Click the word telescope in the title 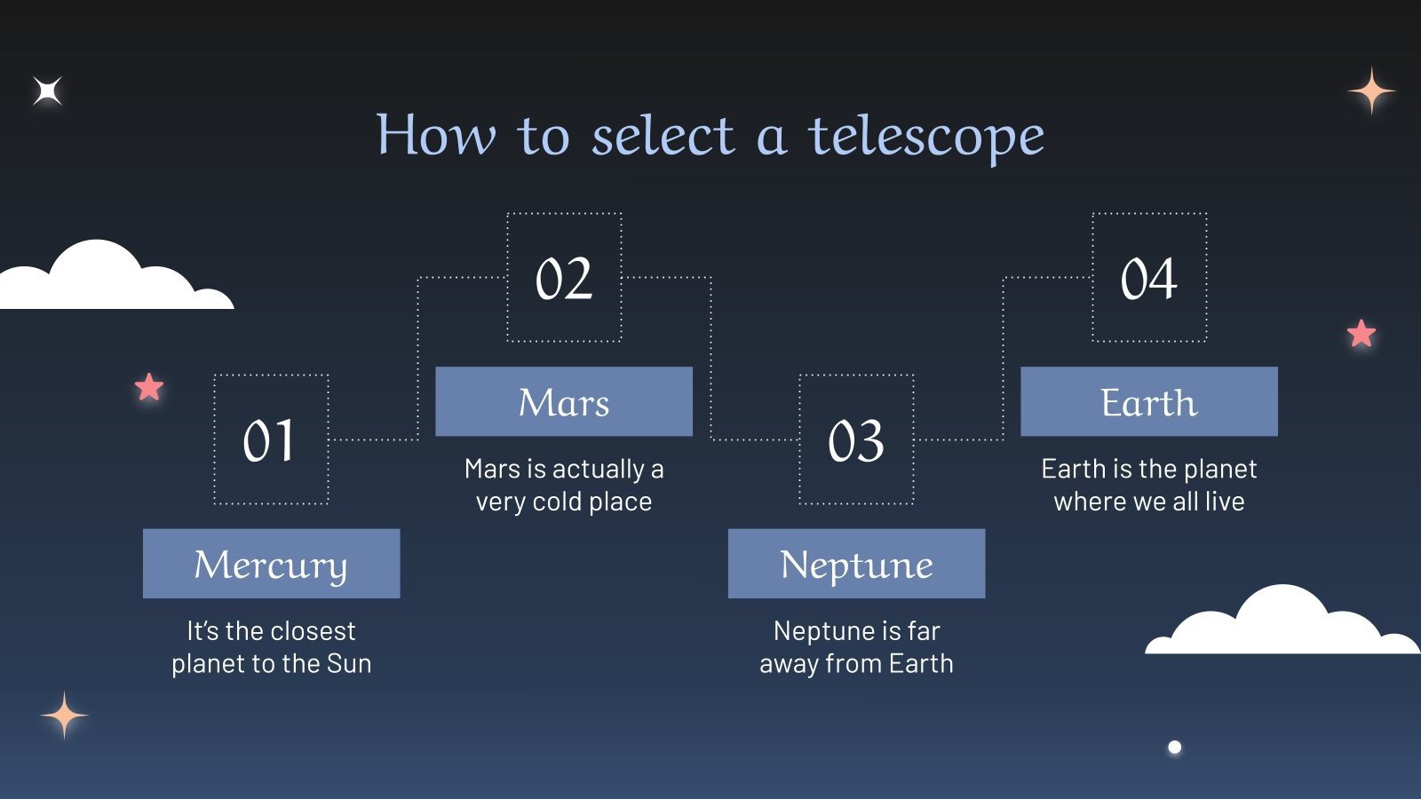(x=925, y=137)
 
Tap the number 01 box (x=271, y=440)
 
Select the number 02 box (x=564, y=278)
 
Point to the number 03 (x=856, y=440)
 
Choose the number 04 (x=1148, y=278)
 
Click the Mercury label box (x=271, y=564)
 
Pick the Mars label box (x=564, y=401)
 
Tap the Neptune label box (x=856, y=564)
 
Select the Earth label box (x=1148, y=401)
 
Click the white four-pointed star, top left (x=48, y=91)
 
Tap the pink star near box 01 (x=149, y=387)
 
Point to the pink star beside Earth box (x=1361, y=334)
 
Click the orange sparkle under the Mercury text (x=64, y=715)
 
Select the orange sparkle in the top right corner (x=1371, y=91)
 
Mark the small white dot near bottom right (x=1174, y=748)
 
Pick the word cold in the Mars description (x=557, y=502)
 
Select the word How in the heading (x=435, y=135)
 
